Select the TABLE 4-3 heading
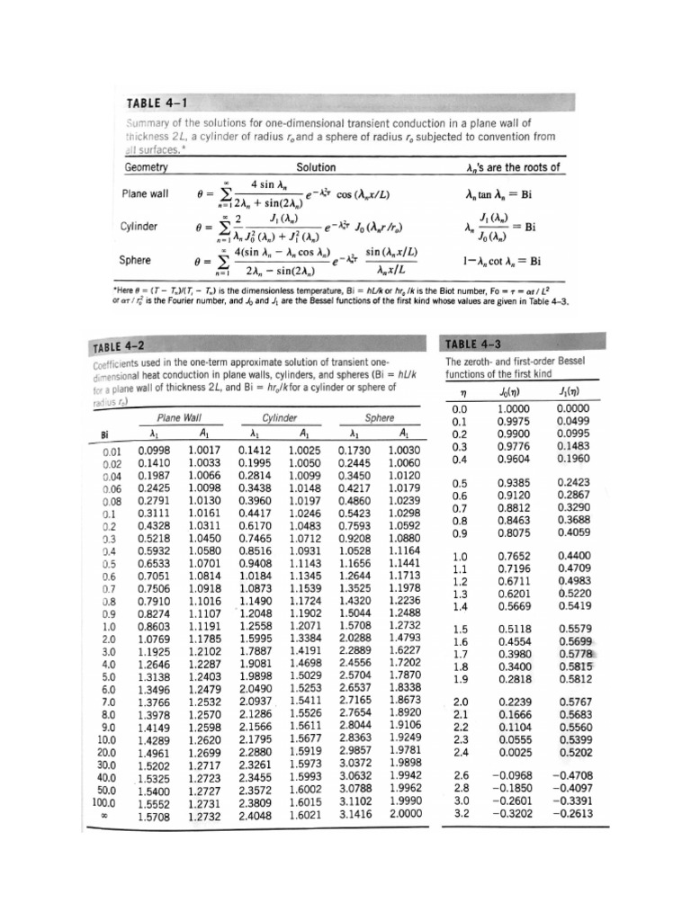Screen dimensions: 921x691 click(478, 344)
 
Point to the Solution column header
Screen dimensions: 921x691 click(316, 167)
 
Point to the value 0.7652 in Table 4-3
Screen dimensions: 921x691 click(513, 555)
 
